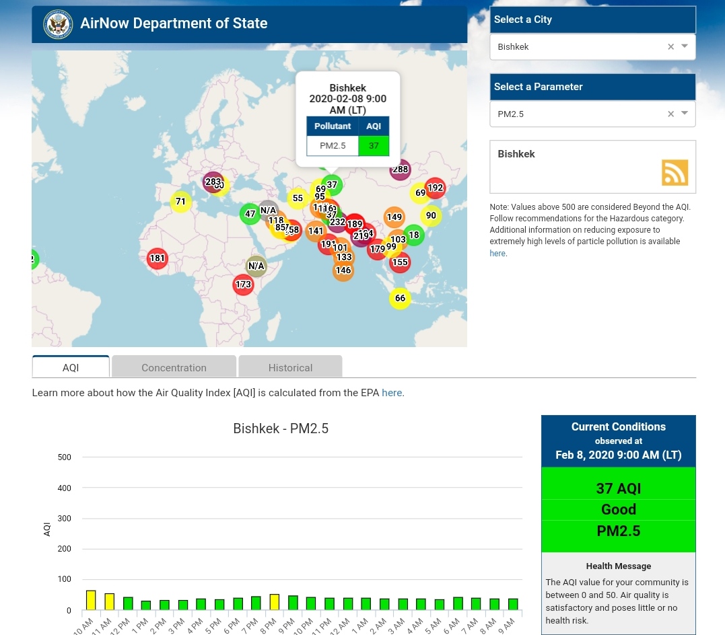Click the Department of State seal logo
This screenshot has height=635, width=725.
[x=58, y=24]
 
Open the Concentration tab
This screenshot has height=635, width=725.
[x=174, y=367]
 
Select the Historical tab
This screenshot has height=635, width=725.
[x=290, y=367]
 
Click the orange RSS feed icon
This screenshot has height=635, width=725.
[x=675, y=173]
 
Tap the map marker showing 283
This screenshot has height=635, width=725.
[x=212, y=182]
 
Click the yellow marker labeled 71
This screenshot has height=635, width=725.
[x=180, y=201]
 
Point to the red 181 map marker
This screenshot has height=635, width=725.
[x=157, y=258]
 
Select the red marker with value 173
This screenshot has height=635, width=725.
[x=243, y=285]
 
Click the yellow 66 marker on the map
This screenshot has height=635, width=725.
[x=400, y=298]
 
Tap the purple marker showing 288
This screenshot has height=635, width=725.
[x=401, y=170]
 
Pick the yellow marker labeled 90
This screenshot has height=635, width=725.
[x=431, y=216]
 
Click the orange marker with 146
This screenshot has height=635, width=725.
[x=343, y=270]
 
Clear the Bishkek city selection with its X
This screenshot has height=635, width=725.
[x=670, y=47]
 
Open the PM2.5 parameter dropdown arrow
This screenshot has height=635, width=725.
[x=685, y=114]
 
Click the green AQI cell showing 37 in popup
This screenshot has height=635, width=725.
[x=374, y=145]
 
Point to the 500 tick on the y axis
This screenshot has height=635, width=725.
[x=65, y=457]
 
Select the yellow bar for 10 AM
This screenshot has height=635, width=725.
[x=91, y=600]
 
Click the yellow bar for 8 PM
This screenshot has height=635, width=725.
[x=275, y=602]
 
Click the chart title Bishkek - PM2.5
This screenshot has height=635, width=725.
[x=281, y=428]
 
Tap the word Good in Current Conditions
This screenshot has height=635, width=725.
[x=618, y=509]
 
